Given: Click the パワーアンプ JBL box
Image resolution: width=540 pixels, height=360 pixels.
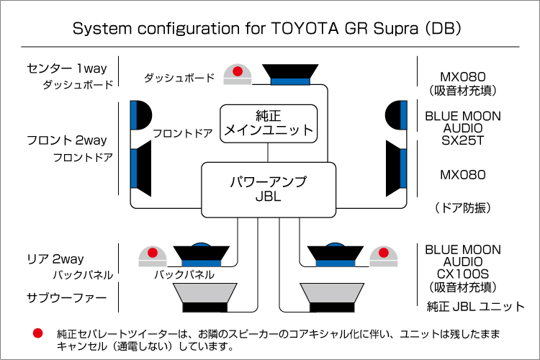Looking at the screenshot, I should (269, 189).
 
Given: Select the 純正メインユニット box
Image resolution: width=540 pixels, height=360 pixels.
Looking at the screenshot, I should (269, 122).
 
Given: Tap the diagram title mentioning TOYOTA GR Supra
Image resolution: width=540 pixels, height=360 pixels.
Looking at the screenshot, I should (267, 30).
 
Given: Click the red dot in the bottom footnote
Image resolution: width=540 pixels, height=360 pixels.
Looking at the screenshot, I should (37, 333).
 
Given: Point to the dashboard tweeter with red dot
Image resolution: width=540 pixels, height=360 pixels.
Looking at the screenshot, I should (237, 74).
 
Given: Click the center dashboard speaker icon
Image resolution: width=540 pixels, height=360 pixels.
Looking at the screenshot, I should (290, 73).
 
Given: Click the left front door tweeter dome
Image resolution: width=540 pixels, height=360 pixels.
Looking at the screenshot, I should (140, 114).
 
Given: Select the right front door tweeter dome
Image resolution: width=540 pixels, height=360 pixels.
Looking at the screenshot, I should (397, 114).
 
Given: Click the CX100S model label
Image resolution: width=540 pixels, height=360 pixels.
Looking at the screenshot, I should (462, 274).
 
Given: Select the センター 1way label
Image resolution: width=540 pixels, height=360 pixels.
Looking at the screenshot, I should (66, 68).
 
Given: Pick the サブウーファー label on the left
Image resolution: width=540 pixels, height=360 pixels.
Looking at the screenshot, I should (66, 297).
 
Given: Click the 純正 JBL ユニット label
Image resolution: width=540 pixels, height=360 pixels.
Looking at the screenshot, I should (476, 306).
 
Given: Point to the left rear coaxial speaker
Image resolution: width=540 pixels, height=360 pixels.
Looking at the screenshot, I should (203, 255).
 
